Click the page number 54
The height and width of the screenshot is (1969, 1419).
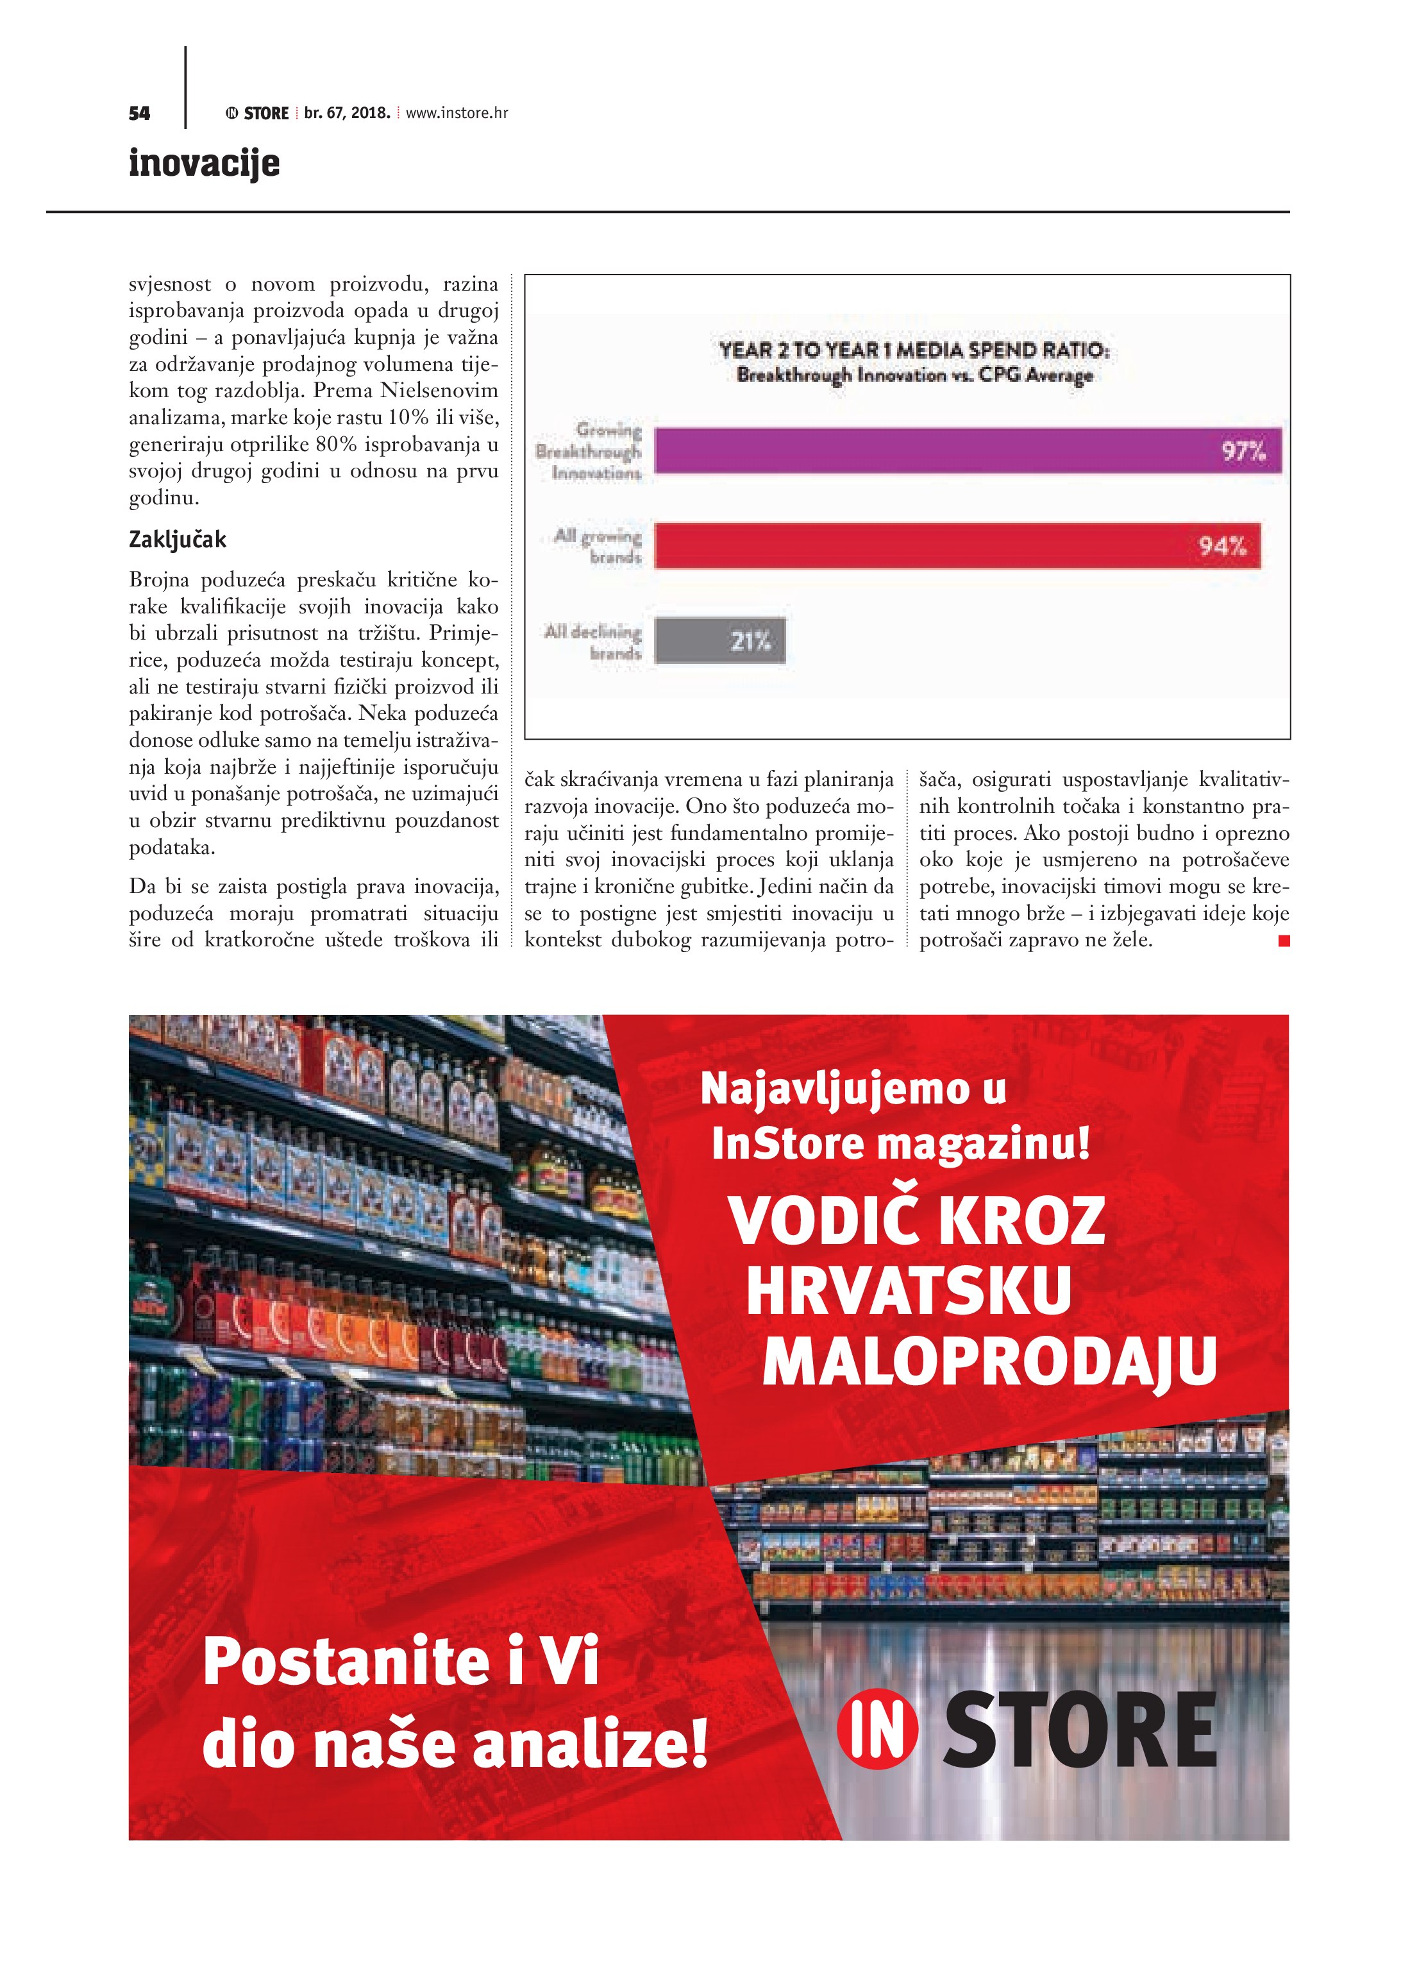[139, 113]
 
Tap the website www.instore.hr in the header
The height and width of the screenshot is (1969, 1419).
[457, 113]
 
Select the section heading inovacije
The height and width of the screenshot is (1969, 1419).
[204, 163]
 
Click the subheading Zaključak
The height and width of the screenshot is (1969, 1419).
[177, 540]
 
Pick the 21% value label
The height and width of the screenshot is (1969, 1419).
[750, 642]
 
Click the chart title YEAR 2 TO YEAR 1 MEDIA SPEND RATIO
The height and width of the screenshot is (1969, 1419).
[914, 351]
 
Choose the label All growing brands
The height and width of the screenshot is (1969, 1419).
[599, 546]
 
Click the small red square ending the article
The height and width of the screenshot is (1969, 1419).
[1284, 940]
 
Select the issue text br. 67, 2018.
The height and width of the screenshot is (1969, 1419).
[347, 113]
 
